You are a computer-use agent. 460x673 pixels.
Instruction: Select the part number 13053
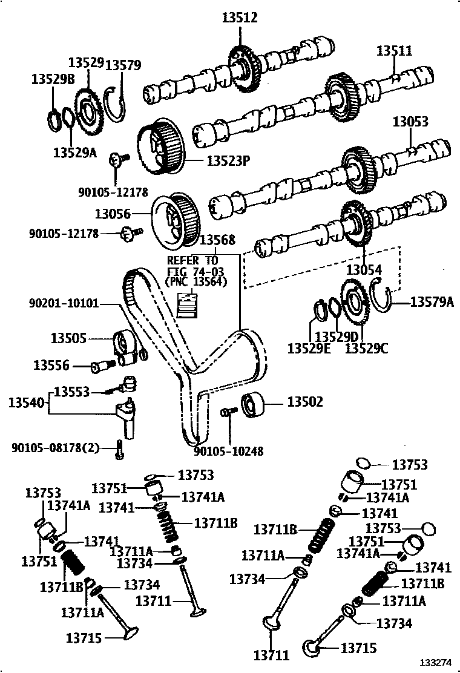[x=410, y=122]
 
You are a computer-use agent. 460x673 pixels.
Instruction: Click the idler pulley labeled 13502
[x=253, y=404]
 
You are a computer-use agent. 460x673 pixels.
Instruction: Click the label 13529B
[x=53, y=79]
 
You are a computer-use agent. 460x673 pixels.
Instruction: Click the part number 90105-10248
[x=229, y=451]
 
